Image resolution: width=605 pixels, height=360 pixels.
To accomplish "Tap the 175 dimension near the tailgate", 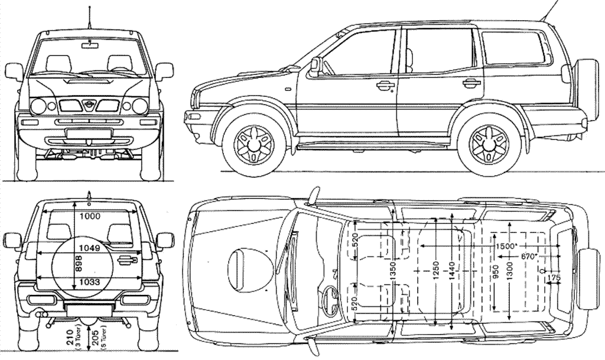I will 554,278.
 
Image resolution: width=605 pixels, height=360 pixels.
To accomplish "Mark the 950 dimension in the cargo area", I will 495,271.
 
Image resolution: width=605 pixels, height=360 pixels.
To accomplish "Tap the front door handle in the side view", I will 385,85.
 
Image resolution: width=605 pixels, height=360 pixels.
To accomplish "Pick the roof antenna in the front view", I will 90,18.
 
